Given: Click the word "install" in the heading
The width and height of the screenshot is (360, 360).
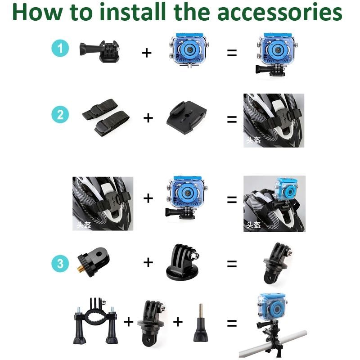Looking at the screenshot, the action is point(133,12).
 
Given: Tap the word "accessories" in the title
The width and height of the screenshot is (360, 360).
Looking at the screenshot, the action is point(279,13).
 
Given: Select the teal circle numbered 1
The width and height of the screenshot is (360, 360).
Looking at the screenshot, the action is point(60,48).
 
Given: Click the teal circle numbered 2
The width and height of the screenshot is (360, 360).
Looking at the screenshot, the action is point(60,115).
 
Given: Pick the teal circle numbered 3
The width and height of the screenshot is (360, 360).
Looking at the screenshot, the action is point(60,263).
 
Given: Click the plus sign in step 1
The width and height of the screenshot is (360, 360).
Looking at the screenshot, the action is point(147,53).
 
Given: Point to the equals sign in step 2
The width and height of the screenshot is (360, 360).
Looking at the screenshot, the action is point(232,119).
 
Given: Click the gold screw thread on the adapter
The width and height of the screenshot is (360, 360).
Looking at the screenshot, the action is point(80,268).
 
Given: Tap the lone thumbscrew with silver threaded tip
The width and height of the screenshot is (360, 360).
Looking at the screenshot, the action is point(200,323).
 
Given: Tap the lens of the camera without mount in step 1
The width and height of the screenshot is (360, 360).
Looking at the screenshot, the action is point(189,49).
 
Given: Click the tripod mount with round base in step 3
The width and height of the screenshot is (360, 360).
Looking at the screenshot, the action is point(183,261).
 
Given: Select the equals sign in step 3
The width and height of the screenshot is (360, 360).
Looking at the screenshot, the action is point(232,264).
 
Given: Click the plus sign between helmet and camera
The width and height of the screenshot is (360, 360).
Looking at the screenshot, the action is point(148,198).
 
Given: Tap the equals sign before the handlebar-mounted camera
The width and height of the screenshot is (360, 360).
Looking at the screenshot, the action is point(232,323).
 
